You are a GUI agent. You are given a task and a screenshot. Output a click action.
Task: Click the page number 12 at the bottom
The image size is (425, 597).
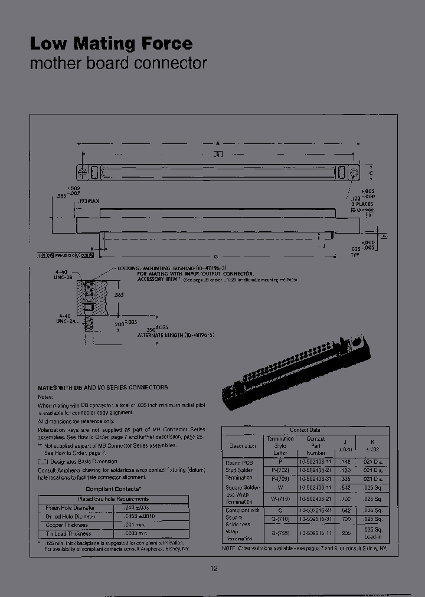coord(214,568)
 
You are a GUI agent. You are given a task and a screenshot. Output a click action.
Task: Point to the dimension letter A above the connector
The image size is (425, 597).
coord(218,143)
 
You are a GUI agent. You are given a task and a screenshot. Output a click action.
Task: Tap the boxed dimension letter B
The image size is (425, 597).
coord(218,155)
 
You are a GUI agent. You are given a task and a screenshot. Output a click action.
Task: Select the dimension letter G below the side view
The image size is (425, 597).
coord(216,255)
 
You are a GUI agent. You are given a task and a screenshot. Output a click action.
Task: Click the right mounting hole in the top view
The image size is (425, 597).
coord(354,173)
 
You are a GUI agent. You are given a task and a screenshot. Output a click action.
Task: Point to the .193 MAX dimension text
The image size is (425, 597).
coord(88,201)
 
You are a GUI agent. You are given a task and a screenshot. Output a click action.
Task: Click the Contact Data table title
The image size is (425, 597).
coord(305,430)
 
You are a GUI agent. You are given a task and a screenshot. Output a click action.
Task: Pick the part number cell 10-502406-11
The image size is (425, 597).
coord(316,487)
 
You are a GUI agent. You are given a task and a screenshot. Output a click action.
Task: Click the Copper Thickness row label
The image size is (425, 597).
coord(67,524)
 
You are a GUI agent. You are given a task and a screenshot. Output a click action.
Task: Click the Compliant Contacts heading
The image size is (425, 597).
coord(113,489)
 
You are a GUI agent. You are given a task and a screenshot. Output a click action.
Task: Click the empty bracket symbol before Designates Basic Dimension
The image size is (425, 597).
coord(42,462)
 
